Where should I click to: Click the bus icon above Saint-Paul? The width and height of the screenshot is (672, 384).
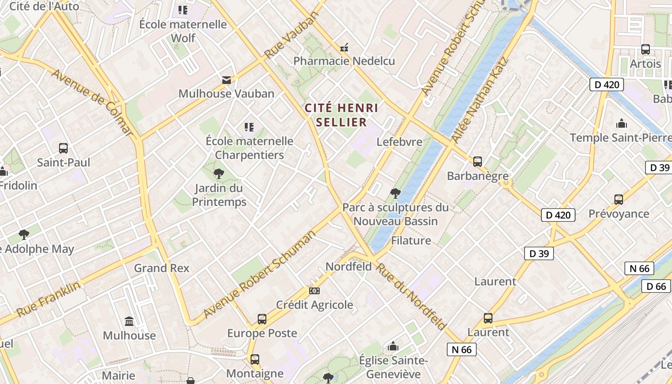coord(63,148)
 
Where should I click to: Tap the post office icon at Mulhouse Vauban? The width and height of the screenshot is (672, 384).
coord(226,80)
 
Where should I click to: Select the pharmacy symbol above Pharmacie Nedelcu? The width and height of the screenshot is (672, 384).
coord(344,48)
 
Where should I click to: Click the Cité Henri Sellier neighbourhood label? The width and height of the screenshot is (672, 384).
coord(341,115)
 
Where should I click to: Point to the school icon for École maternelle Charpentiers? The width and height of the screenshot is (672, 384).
coord(249,127)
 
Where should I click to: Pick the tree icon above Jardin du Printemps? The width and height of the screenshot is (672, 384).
coord(219,174)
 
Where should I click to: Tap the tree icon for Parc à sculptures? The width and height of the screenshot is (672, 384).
coord(396,193)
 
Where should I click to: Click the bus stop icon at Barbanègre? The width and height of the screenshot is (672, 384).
coord(477,162)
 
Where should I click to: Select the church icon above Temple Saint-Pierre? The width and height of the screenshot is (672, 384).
coord(622,124)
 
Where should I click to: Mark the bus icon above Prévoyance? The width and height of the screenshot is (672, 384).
coord(619,199)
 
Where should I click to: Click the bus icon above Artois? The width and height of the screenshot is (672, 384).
coord(646,49)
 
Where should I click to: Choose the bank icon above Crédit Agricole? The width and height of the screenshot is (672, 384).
coord(314,291)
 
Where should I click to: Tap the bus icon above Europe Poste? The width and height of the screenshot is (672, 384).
coord(262,319)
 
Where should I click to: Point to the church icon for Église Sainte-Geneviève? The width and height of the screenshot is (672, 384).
coord(393,346)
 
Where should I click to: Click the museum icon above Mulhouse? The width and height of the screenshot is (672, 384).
coord(129,321)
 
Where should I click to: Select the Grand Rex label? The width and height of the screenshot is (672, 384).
coord(162,268)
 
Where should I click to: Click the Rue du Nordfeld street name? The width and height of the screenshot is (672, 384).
coord(411,296)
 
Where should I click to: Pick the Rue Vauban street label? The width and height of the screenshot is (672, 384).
coord(292,35)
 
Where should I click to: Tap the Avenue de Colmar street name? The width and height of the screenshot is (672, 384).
coord(91,102)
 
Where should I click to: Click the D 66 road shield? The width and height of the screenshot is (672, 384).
coord(656,286)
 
